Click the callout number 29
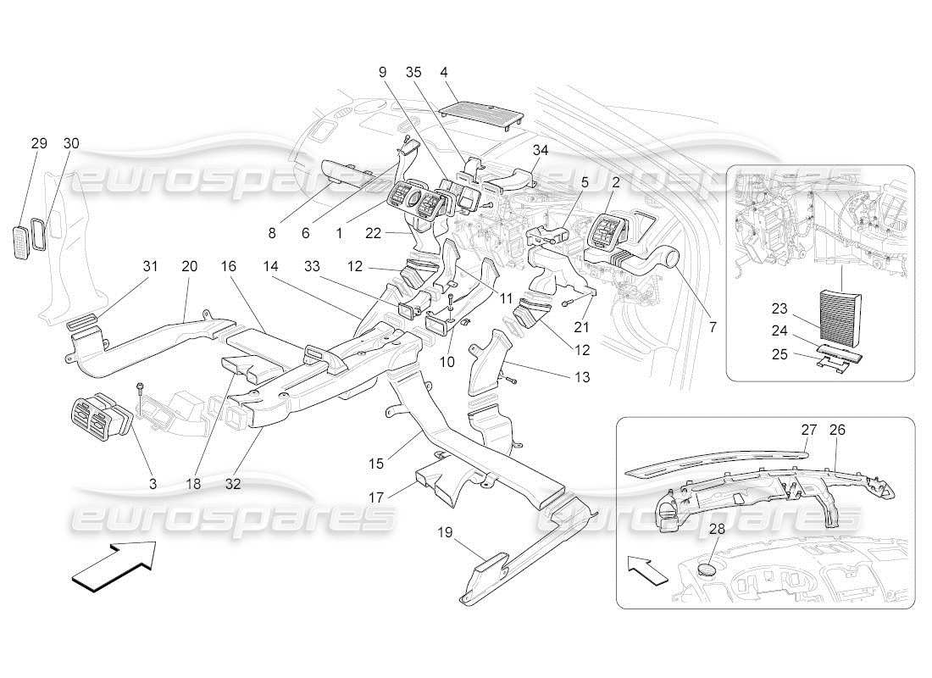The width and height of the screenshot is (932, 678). pos(39,143)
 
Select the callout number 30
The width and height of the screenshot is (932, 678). pos(70,143)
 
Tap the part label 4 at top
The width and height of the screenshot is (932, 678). pos(444,73)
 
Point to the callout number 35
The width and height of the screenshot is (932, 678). pos(413,73)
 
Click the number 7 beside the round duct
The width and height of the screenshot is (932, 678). pos(712,326)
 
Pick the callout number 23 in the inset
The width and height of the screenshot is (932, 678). pos(782,308)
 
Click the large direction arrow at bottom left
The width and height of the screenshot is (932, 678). pos(114,565)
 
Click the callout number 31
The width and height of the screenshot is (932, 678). pos(150,266)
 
